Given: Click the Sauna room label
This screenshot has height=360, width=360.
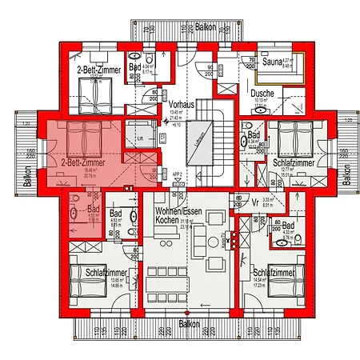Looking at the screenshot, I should pyautogui.click(x=268, y=61).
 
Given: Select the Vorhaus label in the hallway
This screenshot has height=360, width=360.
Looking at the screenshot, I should pyautogui.click(x=180, y=105).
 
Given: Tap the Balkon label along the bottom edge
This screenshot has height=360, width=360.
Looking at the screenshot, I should pyautogui.click(x=189, y=324).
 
